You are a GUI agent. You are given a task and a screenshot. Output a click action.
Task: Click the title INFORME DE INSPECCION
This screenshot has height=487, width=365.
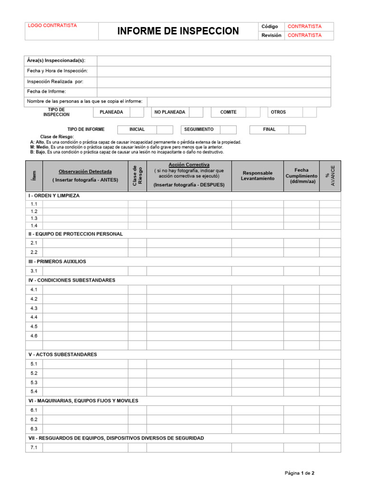(x=178, y=31)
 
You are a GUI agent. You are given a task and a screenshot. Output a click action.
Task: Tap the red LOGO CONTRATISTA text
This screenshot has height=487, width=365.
(x=52, y=26)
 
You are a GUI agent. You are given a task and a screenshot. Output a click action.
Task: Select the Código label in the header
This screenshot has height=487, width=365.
(x=269, y=27)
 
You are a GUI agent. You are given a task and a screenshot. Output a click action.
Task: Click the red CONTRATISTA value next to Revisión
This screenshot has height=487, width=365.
(x=305, y=35)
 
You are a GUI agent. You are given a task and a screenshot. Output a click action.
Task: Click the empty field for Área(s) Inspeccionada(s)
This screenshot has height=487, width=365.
(x=214, y=60)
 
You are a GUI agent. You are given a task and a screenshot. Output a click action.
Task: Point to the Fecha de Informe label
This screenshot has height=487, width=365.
(x=47, y=91)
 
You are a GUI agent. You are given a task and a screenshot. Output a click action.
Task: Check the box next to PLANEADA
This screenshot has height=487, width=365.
(x=137, y=112)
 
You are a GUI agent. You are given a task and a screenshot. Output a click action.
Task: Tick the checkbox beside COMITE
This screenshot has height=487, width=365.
(x=253, y=112)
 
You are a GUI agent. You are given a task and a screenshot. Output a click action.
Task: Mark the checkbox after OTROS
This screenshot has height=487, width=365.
(x=309, y=112)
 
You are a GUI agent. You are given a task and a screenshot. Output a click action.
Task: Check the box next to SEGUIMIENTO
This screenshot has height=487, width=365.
(x=228, y=129)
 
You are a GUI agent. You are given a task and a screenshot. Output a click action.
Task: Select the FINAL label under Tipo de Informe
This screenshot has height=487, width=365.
(x=269, y=129)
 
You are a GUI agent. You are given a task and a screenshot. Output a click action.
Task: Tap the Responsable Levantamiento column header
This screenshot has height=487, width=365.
(x=258, y=175)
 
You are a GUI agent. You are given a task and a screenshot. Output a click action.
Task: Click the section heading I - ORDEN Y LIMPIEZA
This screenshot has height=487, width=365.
(x=54, y=195)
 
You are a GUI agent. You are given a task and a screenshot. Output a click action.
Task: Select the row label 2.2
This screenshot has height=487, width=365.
(x=34, y=252)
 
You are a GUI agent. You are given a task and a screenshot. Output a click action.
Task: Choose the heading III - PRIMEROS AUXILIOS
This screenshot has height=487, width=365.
(x=57, y=262)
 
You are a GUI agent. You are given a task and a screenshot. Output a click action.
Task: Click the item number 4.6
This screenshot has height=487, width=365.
(x=34, y=336)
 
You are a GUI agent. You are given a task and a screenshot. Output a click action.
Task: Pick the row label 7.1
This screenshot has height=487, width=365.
(x=34, y=448)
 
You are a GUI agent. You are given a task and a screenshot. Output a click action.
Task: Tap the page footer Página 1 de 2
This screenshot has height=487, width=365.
(x=299, y=473)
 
